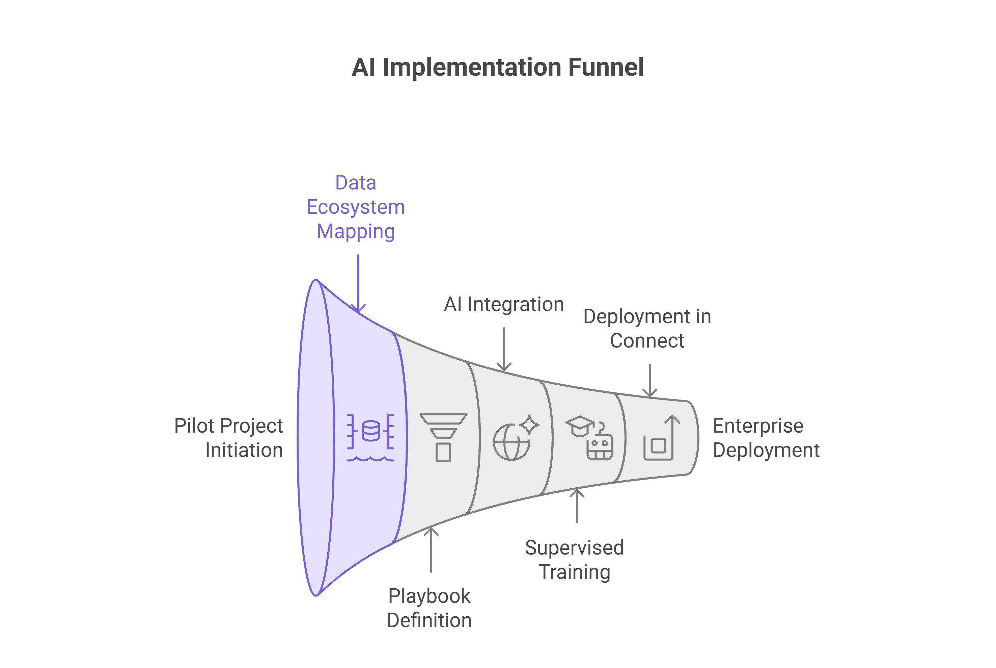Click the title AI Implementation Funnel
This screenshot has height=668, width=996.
point(497,67)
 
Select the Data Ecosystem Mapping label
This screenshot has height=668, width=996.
point(355,207)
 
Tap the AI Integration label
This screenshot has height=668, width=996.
point(503,304)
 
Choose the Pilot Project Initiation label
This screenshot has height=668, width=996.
point(229,438)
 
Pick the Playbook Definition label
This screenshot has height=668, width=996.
point(429,608)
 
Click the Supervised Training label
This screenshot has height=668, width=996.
point(574,560)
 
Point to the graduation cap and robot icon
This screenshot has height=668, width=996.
point(589,438)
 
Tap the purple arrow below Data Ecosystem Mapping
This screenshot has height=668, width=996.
point(358,283)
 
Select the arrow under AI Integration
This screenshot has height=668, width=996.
point(504,349)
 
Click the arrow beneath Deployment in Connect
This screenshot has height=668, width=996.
point(649,380)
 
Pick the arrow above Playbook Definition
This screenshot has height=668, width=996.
point(431,549)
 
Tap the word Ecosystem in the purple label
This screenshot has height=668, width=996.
point(355,207)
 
